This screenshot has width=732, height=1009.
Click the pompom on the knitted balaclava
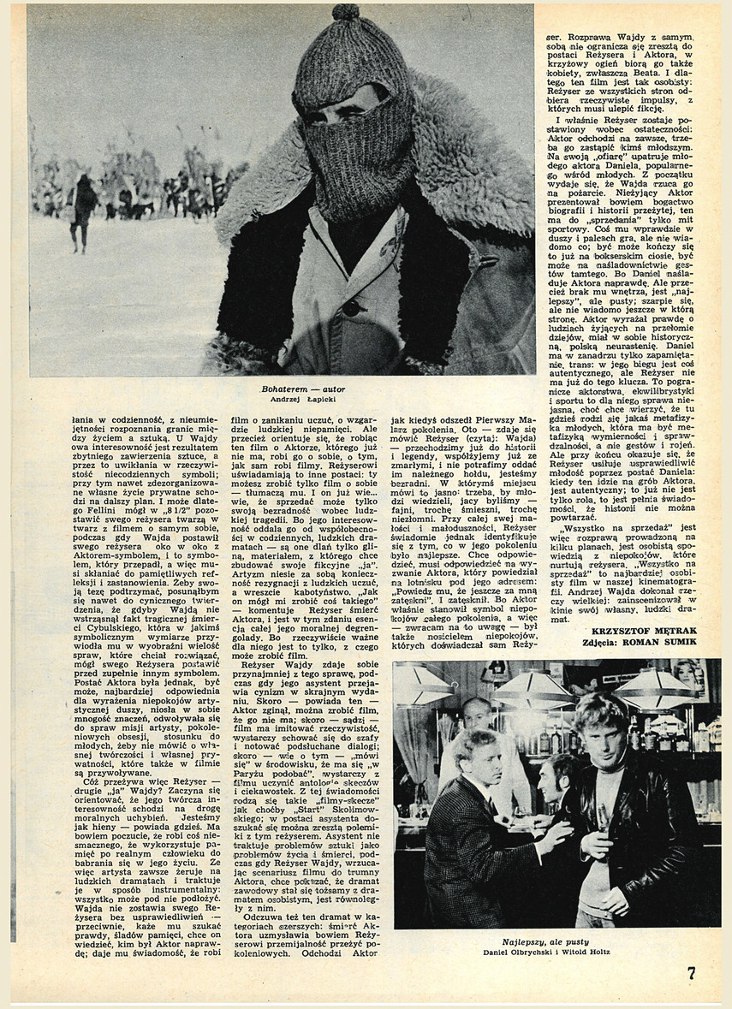[347, 12]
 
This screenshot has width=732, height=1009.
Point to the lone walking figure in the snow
[82, 210]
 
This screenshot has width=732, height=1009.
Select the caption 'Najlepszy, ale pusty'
[556, 940]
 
